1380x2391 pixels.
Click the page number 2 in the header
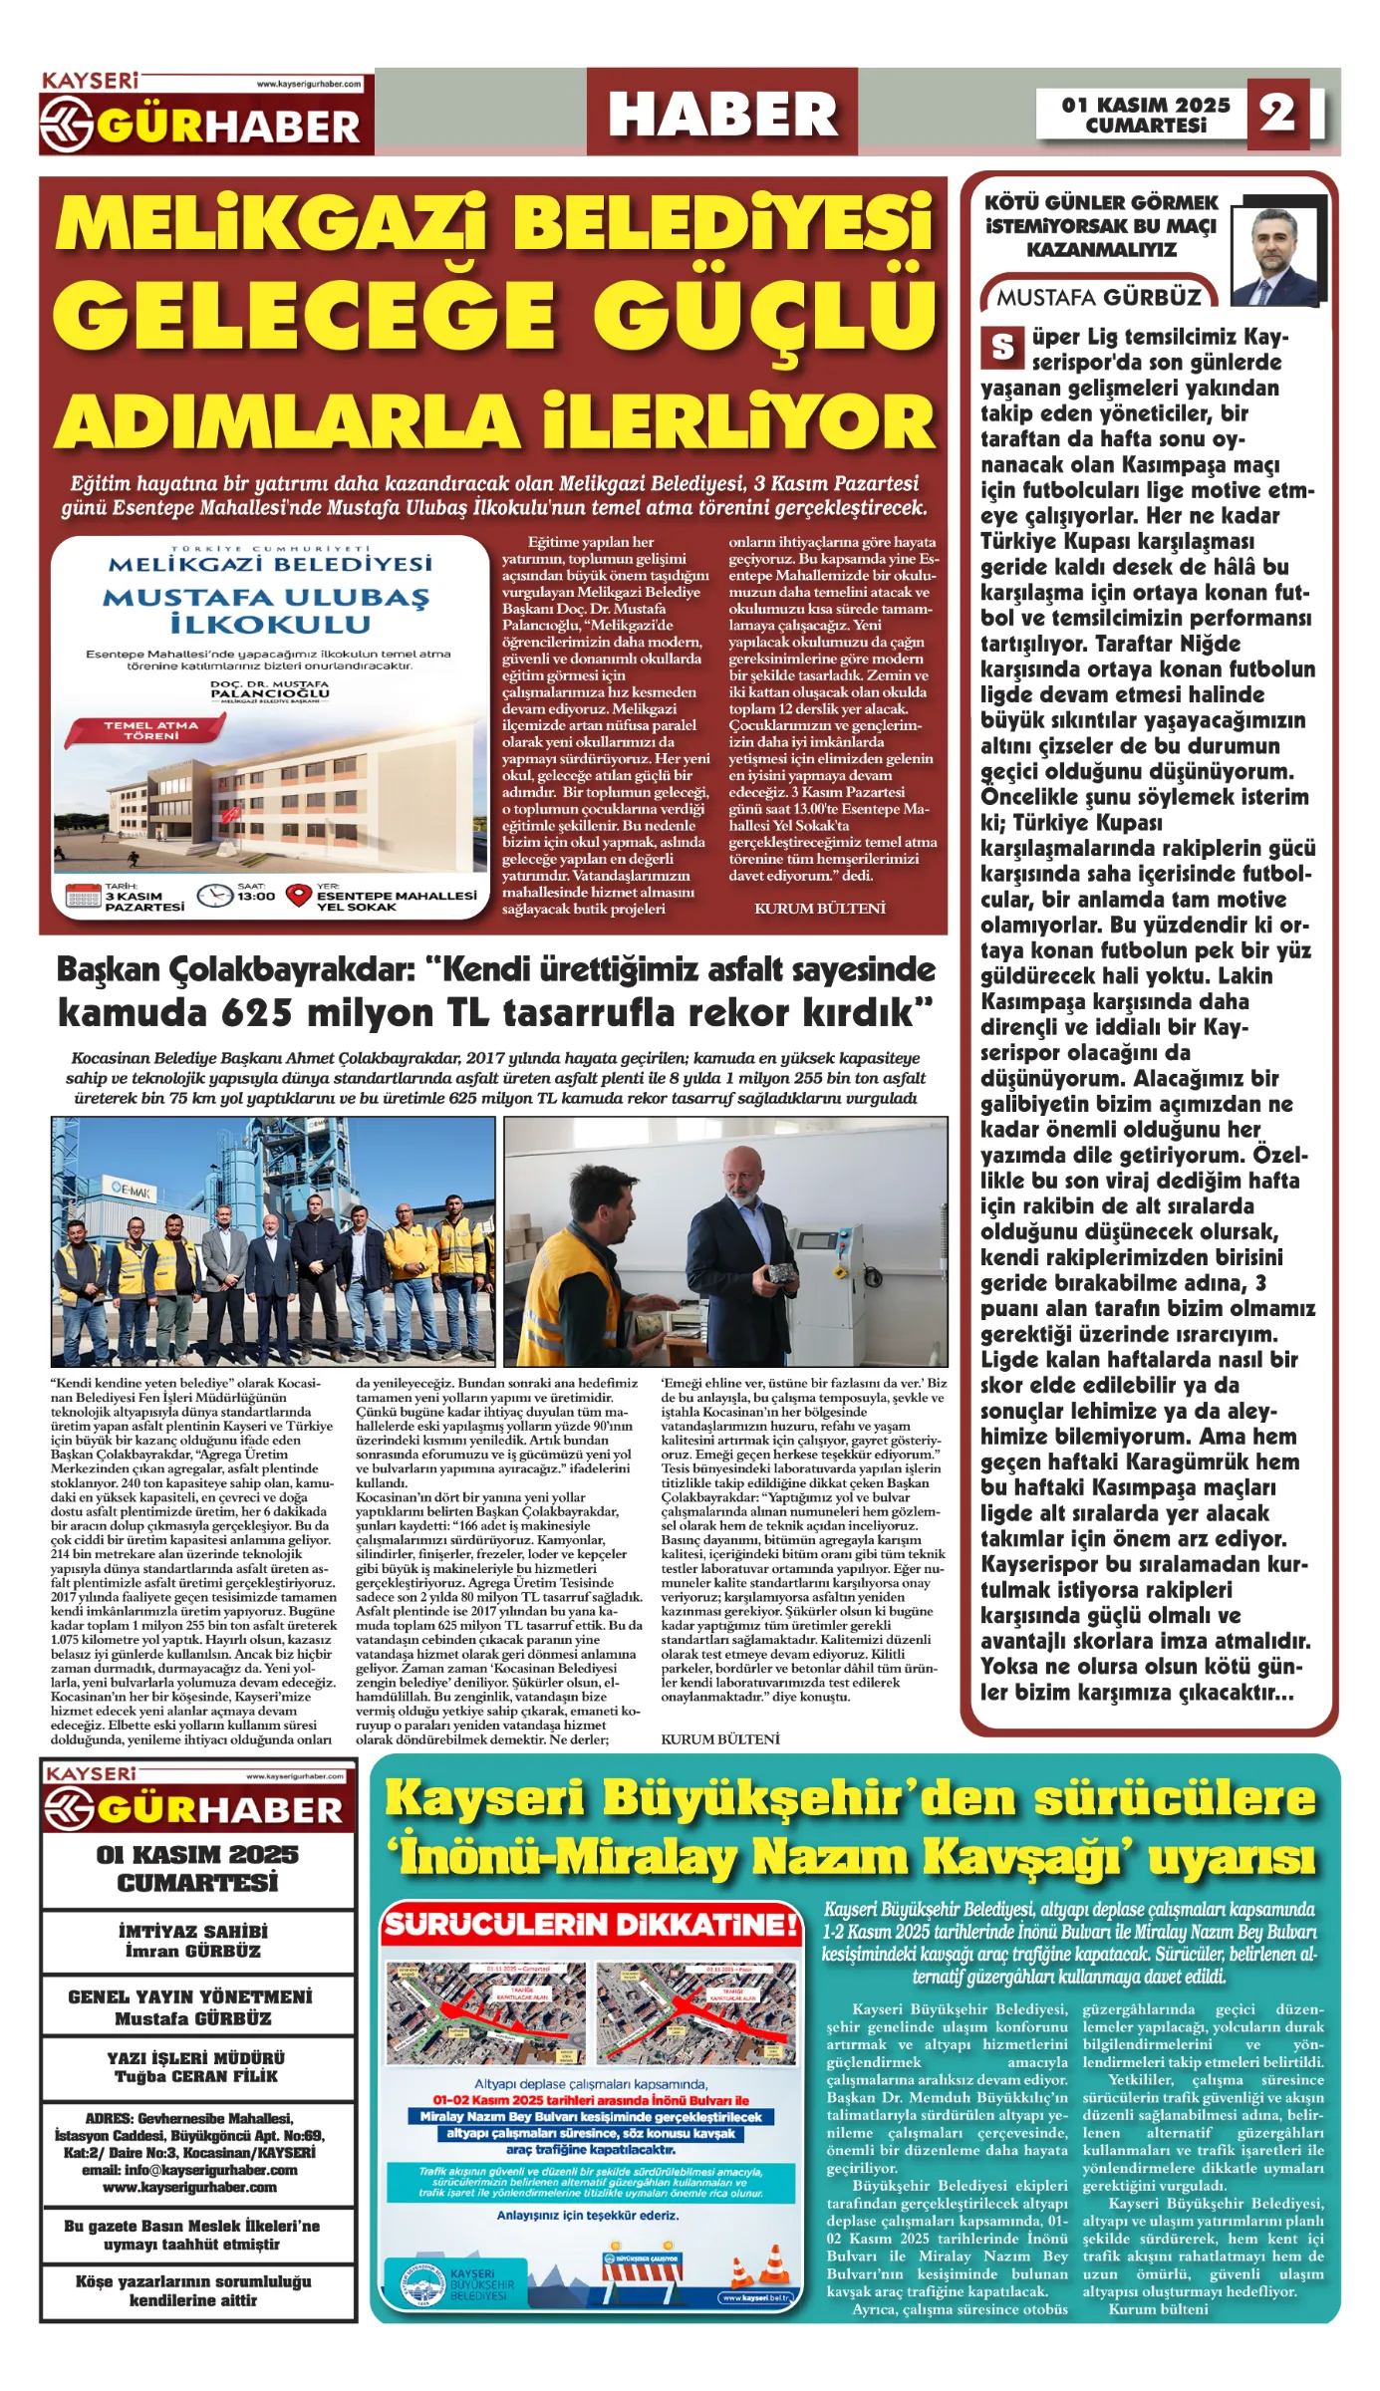(1277, 114)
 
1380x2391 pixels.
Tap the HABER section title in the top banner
(722, 114)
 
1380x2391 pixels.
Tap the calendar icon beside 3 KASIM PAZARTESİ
(83, 896)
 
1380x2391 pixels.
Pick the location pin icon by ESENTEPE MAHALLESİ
(299, 896)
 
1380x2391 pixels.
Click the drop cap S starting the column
(1002, 348)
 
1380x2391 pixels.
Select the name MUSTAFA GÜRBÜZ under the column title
(1099, 297)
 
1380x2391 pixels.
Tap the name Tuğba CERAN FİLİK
(196, 2076)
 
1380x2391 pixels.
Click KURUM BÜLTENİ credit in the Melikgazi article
(819, 909)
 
